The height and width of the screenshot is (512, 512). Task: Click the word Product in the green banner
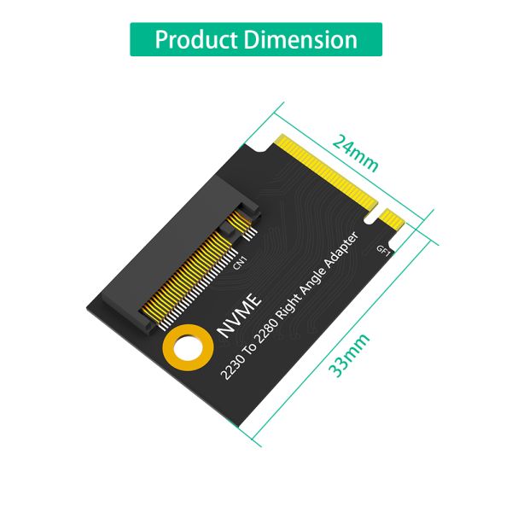195,39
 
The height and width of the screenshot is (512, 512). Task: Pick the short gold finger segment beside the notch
393,221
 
